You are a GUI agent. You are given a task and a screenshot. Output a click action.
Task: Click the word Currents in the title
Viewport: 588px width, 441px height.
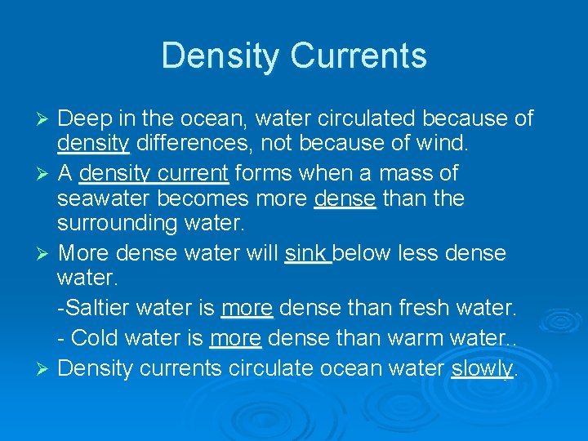[359, 56]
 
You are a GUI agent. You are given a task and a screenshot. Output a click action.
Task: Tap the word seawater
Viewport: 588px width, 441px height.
[108, 198]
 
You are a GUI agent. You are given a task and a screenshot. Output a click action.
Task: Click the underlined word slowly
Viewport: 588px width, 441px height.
[482, 368]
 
